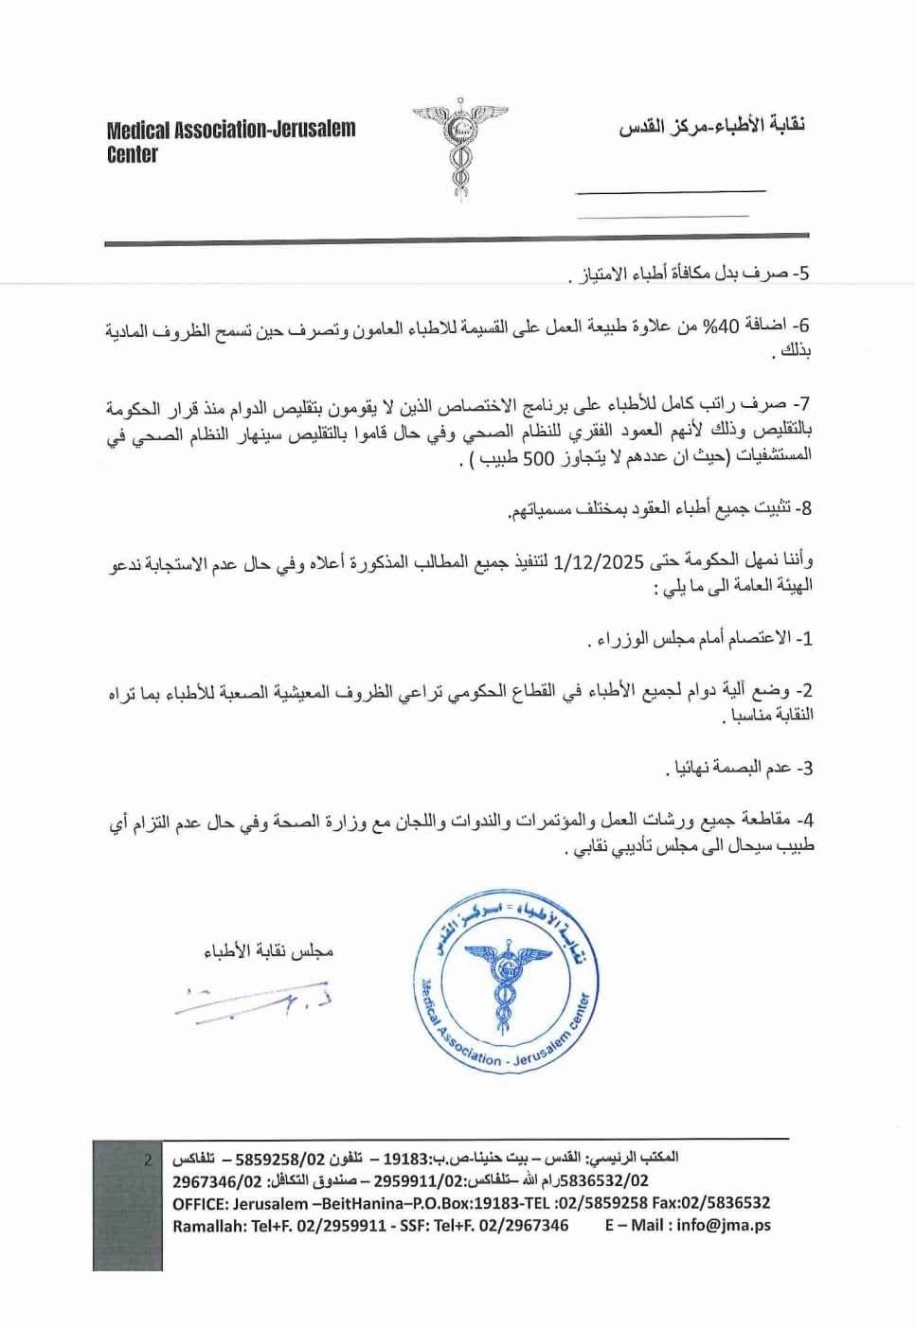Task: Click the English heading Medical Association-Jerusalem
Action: [231, 130]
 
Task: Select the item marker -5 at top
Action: [802, 275]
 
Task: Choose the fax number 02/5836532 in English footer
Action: [728, 1203]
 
